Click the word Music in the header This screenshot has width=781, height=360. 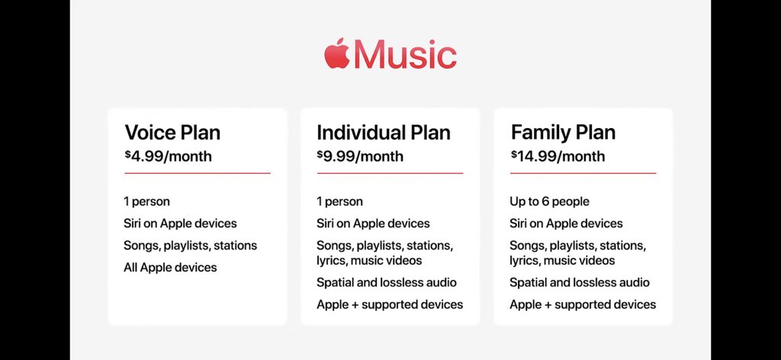405,54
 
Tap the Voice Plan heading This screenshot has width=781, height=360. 172,133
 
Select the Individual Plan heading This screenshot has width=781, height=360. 384,133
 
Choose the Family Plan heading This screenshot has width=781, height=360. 564,133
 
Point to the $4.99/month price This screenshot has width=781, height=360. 169,156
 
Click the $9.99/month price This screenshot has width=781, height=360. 360,156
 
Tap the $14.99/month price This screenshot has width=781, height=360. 558,156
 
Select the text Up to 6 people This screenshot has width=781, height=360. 549,201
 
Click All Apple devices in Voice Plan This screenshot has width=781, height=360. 170,268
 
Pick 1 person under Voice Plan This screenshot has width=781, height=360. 147,201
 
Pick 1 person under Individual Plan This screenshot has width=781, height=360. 339,201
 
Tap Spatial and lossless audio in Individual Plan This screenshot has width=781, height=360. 387,282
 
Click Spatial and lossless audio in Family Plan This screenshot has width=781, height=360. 580,282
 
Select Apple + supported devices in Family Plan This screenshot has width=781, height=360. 583,304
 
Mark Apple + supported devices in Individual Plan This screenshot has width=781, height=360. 390,304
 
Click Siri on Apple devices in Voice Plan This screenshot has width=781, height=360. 180,223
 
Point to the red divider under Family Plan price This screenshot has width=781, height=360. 583,173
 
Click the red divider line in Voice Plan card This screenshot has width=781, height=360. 198,173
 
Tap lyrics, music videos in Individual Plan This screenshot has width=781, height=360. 369,260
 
